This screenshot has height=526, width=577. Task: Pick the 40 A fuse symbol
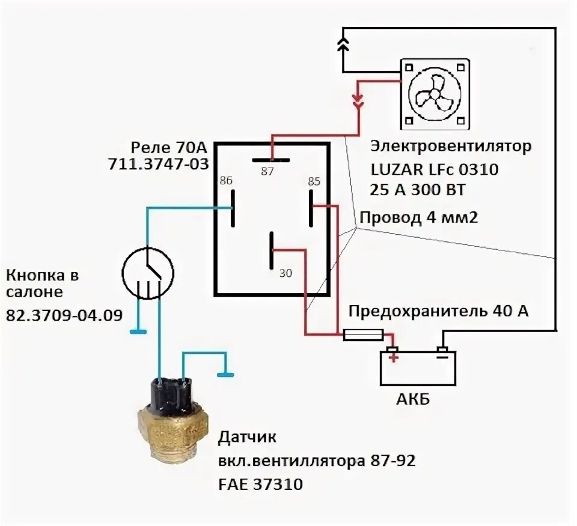tap(363, 335)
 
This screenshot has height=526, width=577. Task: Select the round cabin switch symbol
tap(148, 274)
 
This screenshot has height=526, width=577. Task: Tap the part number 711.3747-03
tap(158, 164)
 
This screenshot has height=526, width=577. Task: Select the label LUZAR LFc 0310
tap(433, 170)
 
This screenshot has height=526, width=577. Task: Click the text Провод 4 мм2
tap(418, 217)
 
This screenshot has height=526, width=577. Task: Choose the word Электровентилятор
tap(451, 146)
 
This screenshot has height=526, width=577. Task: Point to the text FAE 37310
tap(260, 483)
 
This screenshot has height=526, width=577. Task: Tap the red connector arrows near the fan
tap(358, 100)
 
